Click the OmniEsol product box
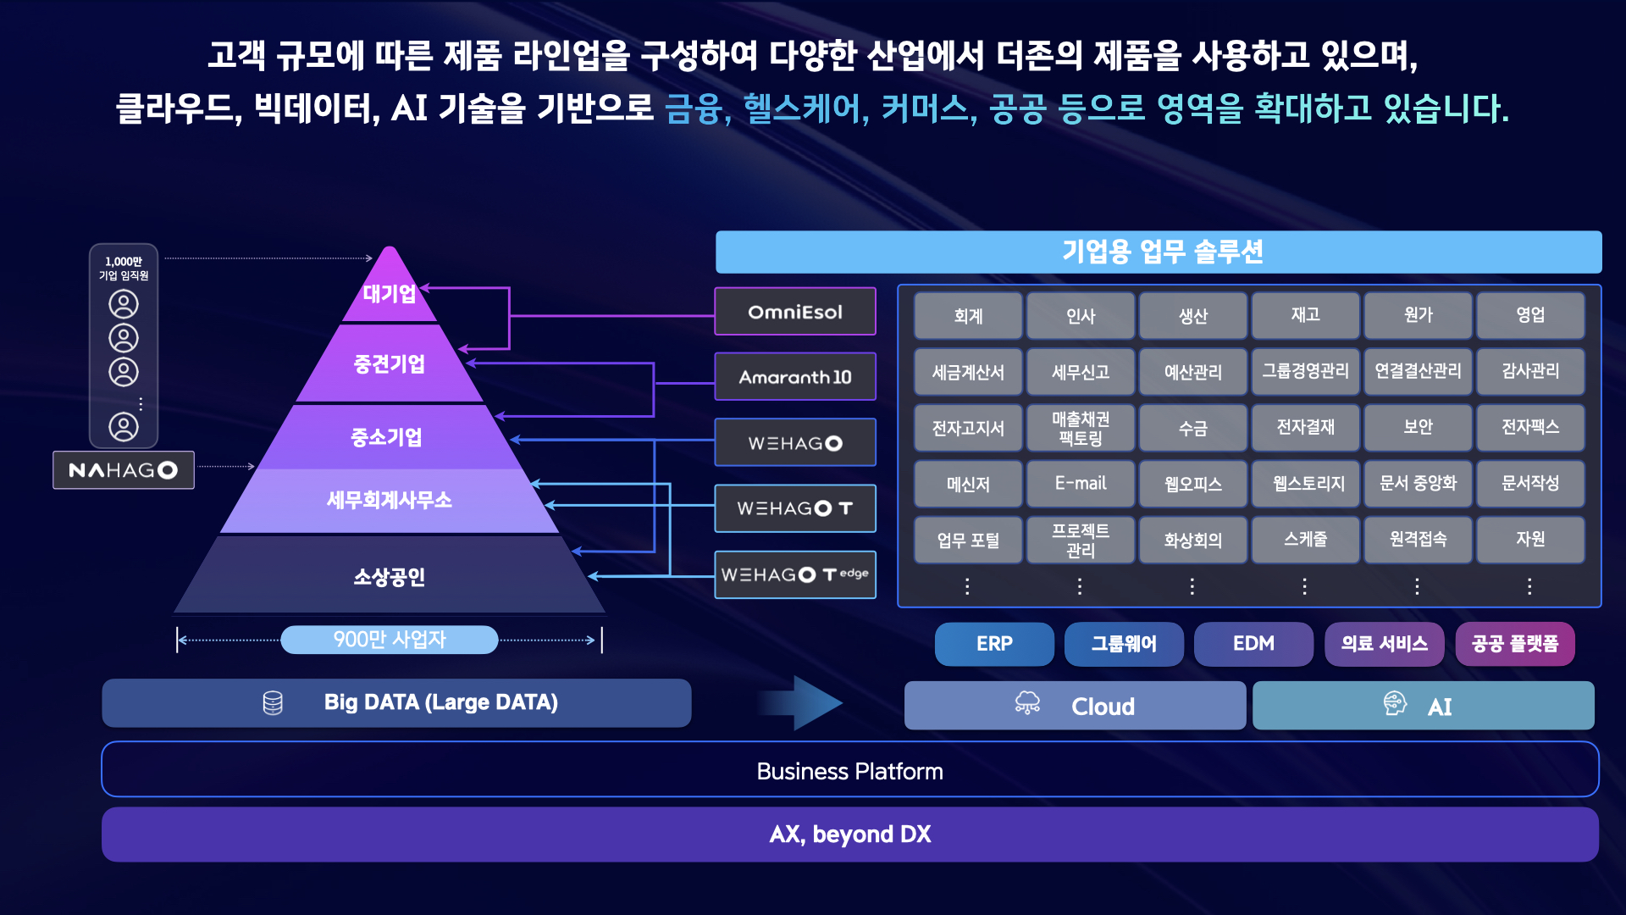coord(795,312)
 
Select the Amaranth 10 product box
coord(795,377)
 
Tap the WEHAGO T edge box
coord(795,574)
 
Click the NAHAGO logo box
coord(124,470)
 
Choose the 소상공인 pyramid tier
coord(390,576)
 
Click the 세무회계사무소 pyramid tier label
coord(390,500)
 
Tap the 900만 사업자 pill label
coord(390,640)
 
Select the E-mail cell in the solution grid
coord(1081,484)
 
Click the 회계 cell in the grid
coord(968,316)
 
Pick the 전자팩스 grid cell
coord(1530,428)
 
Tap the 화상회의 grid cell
coord(1193,540)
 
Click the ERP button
coord(994,644)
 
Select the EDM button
coord(1253,644)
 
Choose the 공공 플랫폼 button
coord(1515,644)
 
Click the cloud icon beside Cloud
coord(1027,703)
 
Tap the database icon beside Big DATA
coord(273,703)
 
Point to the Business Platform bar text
coord(849,771)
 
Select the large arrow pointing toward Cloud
coord(800,703)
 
